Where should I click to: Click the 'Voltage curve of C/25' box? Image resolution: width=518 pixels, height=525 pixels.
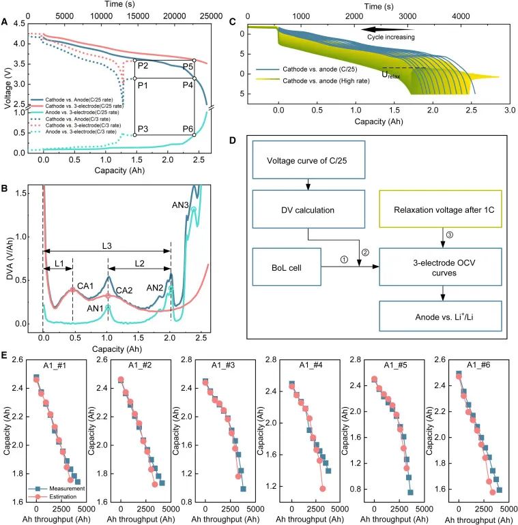(308, 160)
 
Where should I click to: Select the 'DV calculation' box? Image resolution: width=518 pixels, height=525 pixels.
(308, 209)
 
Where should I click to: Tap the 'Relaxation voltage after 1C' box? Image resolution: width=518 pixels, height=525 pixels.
(440, 209)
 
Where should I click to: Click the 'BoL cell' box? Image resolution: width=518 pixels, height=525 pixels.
(287, 267)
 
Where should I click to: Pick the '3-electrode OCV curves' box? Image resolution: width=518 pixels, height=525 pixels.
(440, 267)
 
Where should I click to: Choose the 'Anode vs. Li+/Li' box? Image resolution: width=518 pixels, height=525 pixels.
(440, 316)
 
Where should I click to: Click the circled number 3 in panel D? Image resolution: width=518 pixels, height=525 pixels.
(450, 235)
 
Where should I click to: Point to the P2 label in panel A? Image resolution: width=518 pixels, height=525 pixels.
(143, 65)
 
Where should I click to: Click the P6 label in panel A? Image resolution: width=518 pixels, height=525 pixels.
(188, 129)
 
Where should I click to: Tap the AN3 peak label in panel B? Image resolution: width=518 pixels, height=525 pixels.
(180, 205)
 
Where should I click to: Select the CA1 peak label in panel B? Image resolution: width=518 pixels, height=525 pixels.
(85, 286)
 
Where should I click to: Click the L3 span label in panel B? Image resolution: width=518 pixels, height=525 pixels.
(106, 246)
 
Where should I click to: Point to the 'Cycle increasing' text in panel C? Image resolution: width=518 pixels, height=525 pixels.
(390, 37)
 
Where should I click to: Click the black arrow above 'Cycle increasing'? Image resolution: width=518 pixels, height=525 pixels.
(388, 29)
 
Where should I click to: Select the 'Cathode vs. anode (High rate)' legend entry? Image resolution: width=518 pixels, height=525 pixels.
(313, 80)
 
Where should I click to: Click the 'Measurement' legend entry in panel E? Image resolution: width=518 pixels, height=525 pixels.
(56, 488)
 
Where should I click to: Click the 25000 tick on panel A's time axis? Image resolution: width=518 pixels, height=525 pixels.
(211, 16)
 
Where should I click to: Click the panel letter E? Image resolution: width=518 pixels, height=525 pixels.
(4, 355)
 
